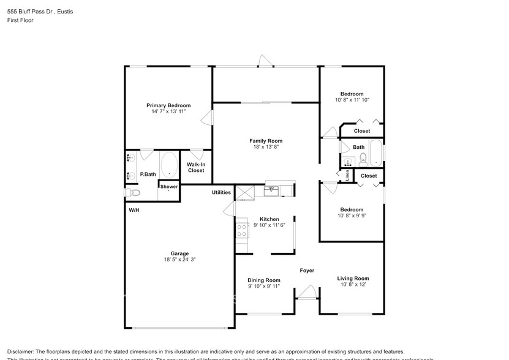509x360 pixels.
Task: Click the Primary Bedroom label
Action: click(x=168, y=105)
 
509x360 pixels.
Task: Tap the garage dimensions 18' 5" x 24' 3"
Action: click(x=179, y=260)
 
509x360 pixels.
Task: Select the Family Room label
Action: click(x=265, y=141)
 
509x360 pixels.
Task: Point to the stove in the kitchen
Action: click(x=241, y=230)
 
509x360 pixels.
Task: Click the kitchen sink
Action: click(x=271, y=191)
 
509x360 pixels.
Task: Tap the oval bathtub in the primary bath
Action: click(x=169, y=165)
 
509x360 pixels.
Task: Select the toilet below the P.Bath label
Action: click(x=133, y=193)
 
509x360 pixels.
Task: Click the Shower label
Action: click(x=169, y=187)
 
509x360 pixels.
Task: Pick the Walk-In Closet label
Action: click(x=196, y=167)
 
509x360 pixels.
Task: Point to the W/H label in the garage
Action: click(x=134, y=210)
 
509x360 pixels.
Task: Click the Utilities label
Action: click(x=221, y=192)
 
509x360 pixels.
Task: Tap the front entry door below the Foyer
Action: click(x=308, y=291)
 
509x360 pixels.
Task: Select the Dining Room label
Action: click(x=264, y=280)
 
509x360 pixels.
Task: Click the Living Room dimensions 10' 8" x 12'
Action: click(x=353, y=285)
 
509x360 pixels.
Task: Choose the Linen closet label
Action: click(x=347, y=176)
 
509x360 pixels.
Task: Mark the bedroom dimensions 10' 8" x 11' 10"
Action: click(x=352, y=100)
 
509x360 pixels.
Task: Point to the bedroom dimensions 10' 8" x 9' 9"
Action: click(x=352, y=216)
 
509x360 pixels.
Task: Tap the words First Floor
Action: click(x=20, y=20)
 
